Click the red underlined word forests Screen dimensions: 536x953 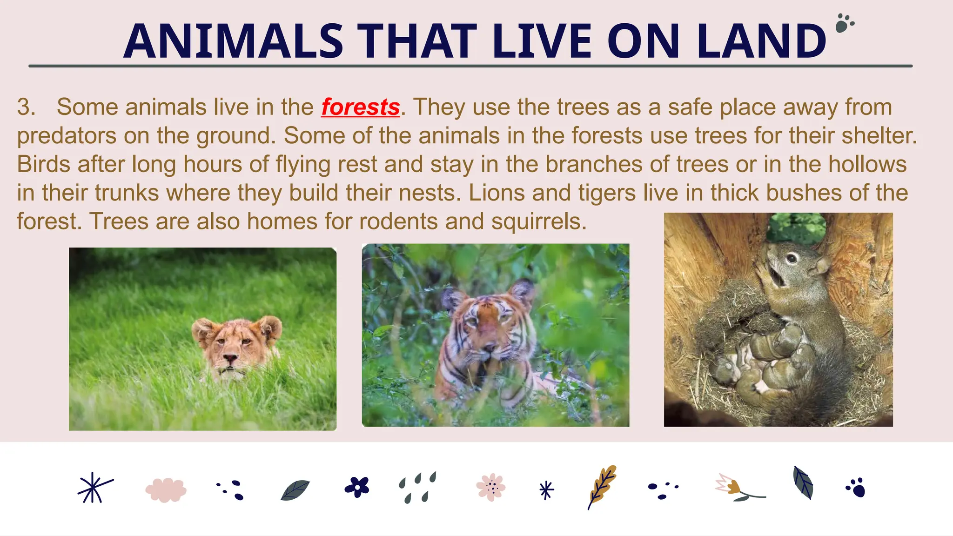coord(361,107)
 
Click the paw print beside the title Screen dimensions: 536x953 coord(844,23)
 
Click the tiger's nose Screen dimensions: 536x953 coord(488,347)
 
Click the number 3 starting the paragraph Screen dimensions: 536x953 coord(26,107)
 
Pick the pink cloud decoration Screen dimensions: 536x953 coord(166,490)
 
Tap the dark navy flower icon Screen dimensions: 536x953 coord(357,487)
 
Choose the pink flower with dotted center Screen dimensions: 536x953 coord(491,487)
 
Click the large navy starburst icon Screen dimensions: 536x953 coord(94,488)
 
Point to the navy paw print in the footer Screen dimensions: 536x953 coord(856,488)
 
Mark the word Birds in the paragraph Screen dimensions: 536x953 coord(43,165)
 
